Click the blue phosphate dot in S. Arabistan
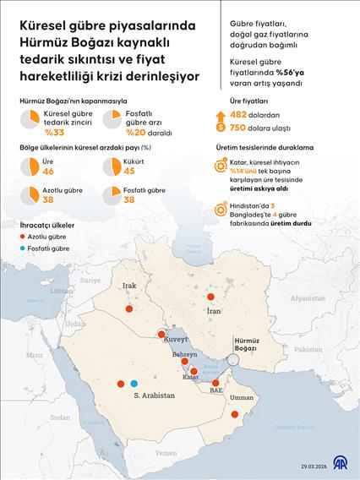134,384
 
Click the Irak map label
129,286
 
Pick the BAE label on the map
217,391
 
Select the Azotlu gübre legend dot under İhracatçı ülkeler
24,237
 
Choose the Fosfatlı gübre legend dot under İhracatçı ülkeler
24,248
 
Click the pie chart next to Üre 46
30,167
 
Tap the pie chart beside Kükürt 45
112,167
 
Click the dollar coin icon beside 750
221,128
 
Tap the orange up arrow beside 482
221,114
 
